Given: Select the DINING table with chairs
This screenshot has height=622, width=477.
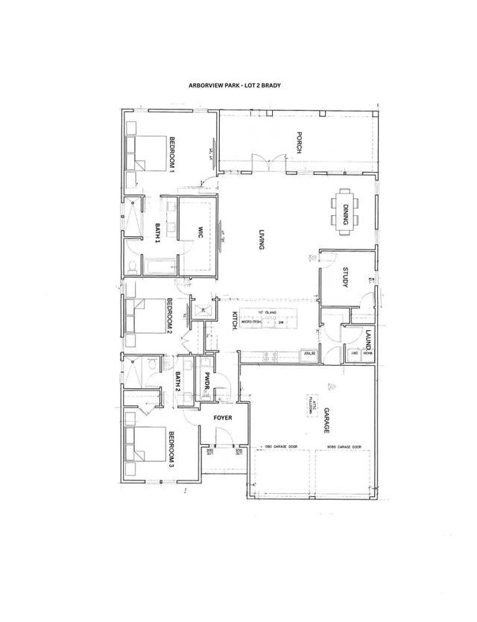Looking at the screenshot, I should [344, 211].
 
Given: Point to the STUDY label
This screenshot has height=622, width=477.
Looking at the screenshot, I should [347, 278].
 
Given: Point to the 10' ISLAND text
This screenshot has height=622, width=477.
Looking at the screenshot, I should [267, 311].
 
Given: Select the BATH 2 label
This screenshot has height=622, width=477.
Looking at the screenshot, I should [179, 382].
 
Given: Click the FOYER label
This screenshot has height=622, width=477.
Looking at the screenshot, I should [224, 418].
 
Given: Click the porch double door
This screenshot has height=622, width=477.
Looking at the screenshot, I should [268, 160].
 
